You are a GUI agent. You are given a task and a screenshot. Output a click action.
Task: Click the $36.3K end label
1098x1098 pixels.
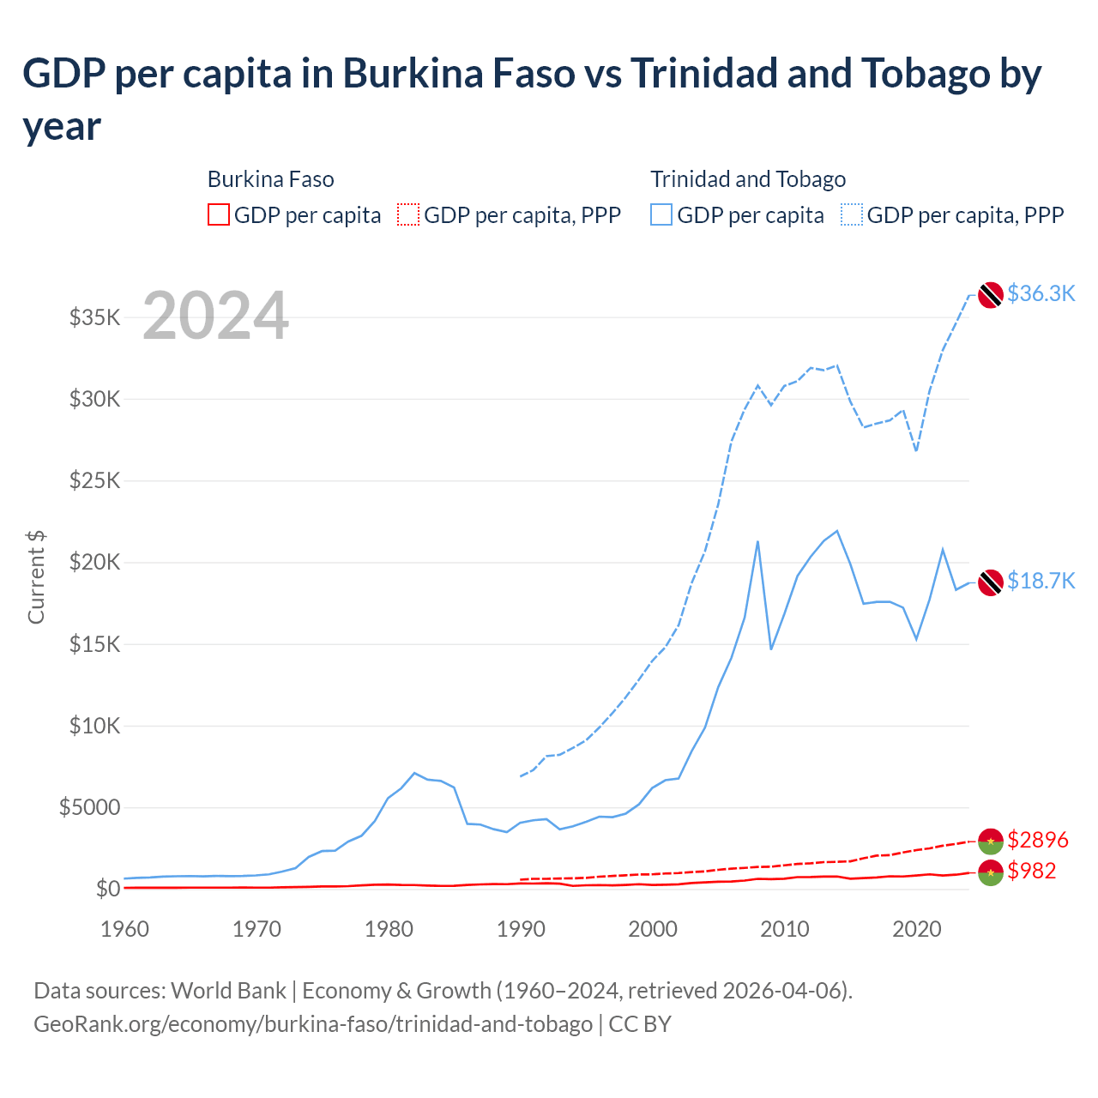click(x=1041, y=293)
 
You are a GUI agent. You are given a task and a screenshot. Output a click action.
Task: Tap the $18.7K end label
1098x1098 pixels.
click(x=1041, y=581)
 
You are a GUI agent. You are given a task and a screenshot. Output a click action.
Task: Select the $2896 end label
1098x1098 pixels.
click(x=1037, y=839)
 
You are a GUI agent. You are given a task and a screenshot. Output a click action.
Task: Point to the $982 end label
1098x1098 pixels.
click(x=1031, y=871)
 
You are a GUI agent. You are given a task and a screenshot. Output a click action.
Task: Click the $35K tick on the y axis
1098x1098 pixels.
click(x=94, y=318)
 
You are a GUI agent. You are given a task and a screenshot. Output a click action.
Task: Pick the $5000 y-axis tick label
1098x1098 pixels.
click(x=89, y=808)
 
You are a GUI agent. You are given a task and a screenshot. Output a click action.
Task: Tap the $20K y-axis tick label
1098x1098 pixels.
click(x=94, y=563)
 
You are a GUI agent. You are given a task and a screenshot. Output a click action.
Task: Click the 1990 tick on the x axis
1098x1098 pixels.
click(x=521, y=929)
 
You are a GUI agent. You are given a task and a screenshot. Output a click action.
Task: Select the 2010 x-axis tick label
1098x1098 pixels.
click(x=785, y=929)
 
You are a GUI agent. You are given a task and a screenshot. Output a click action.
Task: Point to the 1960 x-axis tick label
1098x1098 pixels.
click(x=124, y=929)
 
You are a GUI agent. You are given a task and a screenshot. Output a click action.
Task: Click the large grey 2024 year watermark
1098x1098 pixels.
click(x=215, y=316)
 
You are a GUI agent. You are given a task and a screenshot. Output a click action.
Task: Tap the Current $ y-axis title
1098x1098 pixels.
click(x=36, y=576)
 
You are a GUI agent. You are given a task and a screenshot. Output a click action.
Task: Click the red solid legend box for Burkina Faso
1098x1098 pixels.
click(x=219, y=214)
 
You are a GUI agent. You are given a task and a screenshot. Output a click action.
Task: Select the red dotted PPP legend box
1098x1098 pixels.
click(x=408, y=214)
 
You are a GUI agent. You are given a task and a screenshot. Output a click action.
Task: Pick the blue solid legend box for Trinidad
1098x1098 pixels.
click(x=661, y=214)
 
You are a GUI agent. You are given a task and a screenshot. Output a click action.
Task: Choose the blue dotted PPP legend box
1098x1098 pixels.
click(x=852, y=214)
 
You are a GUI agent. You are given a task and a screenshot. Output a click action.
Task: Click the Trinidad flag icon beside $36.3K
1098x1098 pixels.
click(x=990, y=294)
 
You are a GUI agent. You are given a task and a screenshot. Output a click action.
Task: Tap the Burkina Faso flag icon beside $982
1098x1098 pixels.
click(x=990, y=872)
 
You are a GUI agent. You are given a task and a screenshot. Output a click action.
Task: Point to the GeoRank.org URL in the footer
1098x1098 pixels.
click(x=313, y=1024)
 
